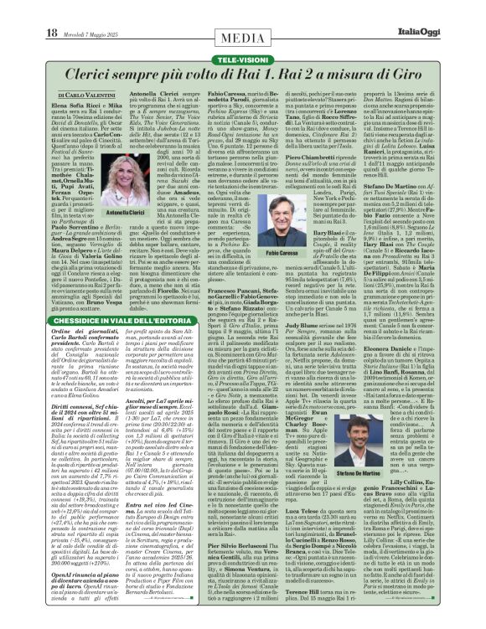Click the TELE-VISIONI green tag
(x=243, y=38)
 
